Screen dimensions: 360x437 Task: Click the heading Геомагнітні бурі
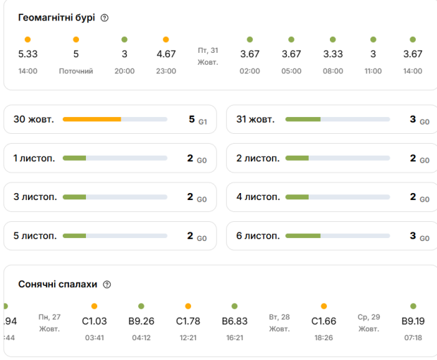tap(56, 18)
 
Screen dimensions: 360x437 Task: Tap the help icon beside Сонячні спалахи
tap(107, 285)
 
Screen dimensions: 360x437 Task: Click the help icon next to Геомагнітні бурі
tap(105, 18)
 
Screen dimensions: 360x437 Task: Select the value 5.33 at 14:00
tap(27, 54)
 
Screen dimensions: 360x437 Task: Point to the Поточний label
tap(76, 71)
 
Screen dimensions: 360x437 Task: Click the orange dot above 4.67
tap(166, 39)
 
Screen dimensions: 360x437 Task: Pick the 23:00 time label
tap(166, 71)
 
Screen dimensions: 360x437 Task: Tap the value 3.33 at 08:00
tap(333, 54)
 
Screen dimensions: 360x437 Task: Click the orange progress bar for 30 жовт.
tap(92, 120)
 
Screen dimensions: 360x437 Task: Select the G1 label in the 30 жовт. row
tap(202, 122)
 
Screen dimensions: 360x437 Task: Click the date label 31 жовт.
tap(255, 120)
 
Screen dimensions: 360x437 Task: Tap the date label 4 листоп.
tap(258, 197)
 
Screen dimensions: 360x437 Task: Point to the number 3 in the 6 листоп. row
tap(412, 236)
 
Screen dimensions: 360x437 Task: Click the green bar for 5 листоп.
tap(74, 236)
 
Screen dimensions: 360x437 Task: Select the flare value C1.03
tap(94, 321)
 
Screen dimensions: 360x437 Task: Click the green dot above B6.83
tap(235, 306)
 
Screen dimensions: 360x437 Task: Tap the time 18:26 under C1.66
tap(324, 338)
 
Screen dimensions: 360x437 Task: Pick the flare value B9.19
tap(413, 321)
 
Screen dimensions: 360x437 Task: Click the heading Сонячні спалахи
tap(57, 285)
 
